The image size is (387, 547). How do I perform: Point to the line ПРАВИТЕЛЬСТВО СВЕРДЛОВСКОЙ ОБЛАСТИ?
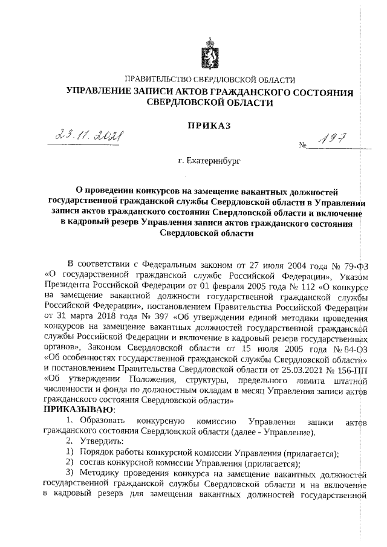[209, 80]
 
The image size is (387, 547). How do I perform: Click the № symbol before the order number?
[303, 146]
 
